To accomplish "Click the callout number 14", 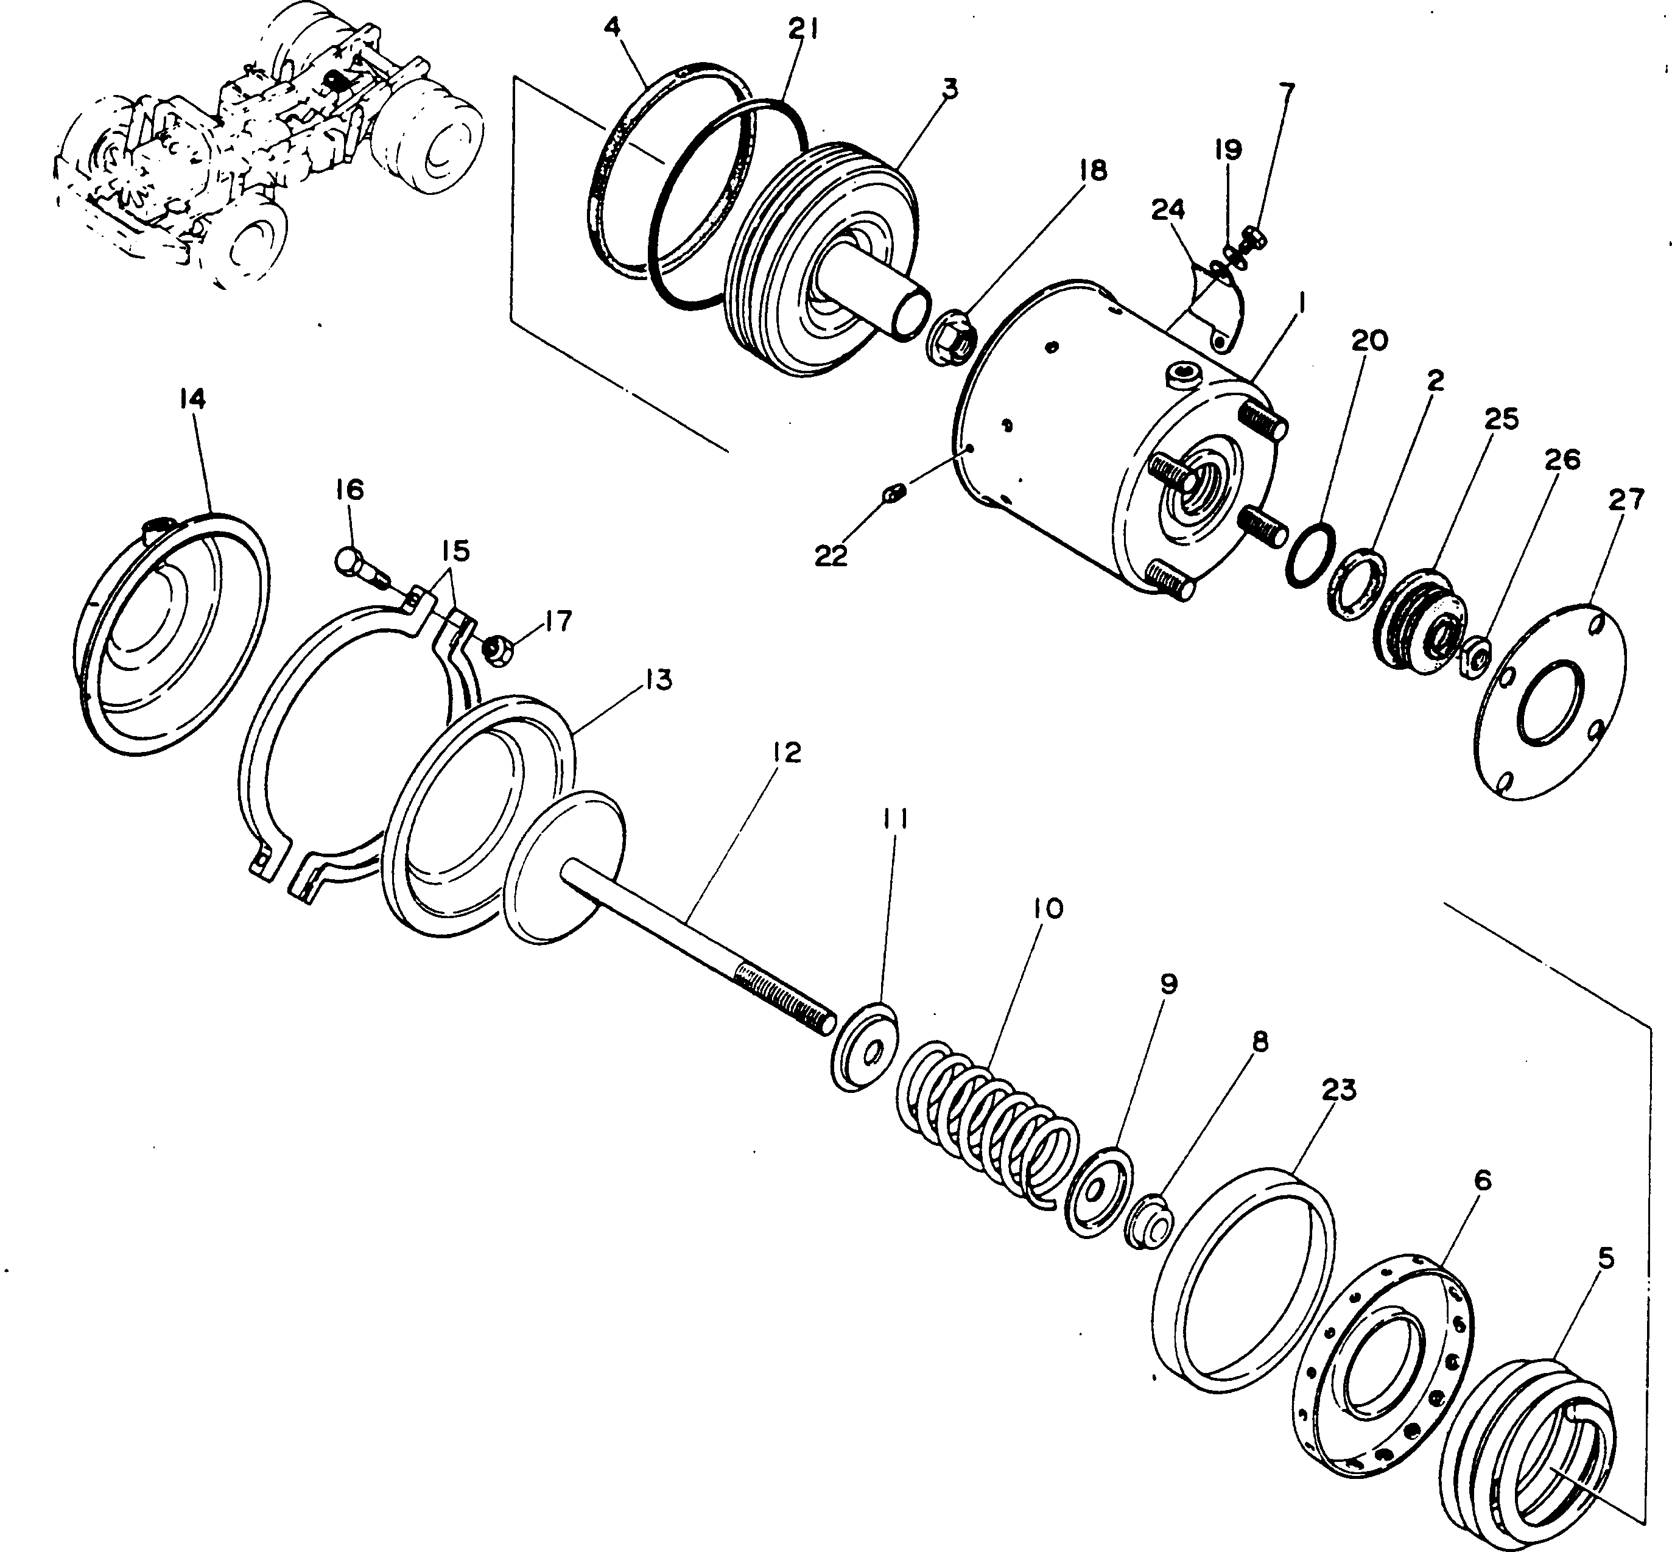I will (192, 399).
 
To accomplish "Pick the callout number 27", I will (1626, 500).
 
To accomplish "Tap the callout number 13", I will (659, 680).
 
